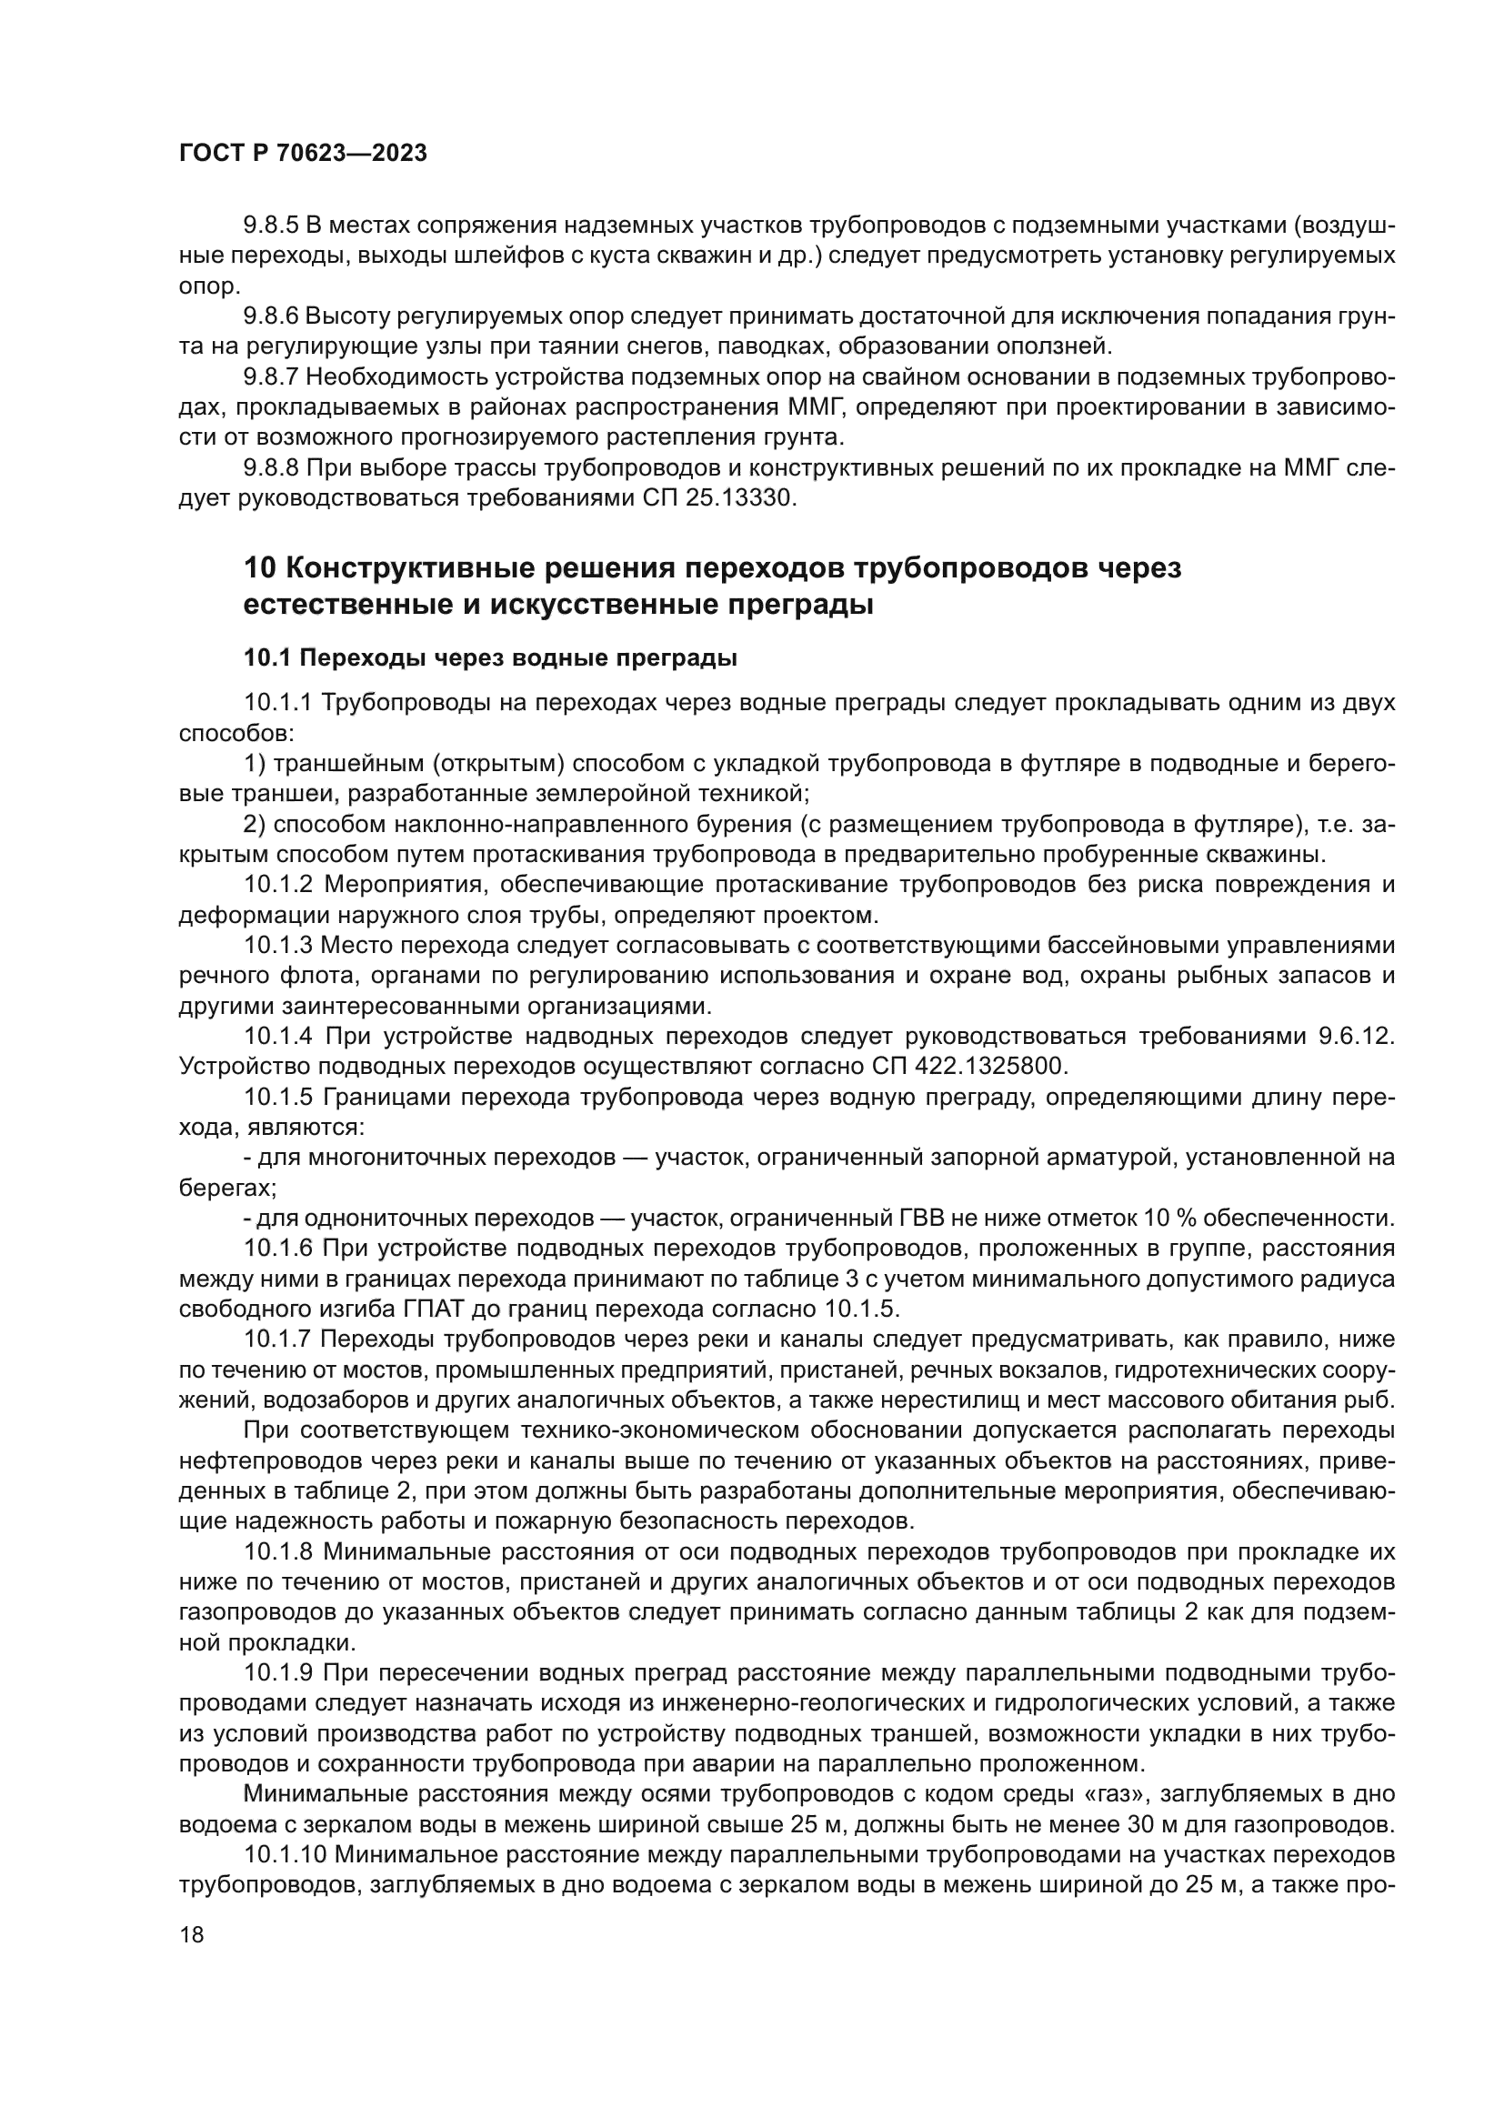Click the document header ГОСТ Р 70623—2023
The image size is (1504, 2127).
click(303, 153)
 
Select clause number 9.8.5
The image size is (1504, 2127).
click(269, 226)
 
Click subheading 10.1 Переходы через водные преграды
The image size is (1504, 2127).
click(490, 658)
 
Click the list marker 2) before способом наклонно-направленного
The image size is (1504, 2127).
click(255, 825)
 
